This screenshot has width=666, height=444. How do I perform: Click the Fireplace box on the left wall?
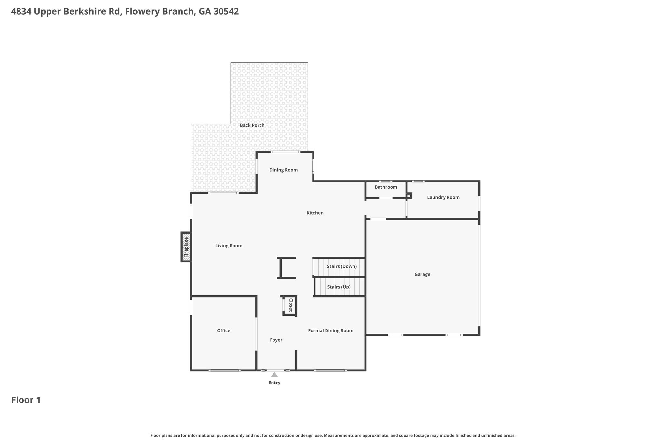[186, 247]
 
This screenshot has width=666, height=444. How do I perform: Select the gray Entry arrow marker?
[274, 375]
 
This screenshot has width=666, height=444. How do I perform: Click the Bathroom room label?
[386, 187]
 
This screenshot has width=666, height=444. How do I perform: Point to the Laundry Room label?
[443, 197]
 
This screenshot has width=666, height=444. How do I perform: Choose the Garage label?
[422, 274]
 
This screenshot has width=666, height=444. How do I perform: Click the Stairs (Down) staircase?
[339, 267]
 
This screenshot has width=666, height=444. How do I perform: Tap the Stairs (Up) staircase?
[339, 287]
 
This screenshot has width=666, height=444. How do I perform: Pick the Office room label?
[223, 330]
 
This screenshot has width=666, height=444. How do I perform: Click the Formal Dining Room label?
[331, 331]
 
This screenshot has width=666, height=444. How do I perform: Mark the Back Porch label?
[252, 125]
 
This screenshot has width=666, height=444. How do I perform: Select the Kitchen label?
[315, 213]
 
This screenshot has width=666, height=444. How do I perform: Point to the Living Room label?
[229, 246]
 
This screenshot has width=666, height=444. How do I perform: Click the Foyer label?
[276, 340]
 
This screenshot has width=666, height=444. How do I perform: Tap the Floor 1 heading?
[26, 400]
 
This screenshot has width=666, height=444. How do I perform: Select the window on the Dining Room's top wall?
[286, 152]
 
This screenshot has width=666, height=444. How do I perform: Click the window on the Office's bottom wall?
[225, 370]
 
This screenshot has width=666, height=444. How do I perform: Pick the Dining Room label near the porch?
[283, 170]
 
